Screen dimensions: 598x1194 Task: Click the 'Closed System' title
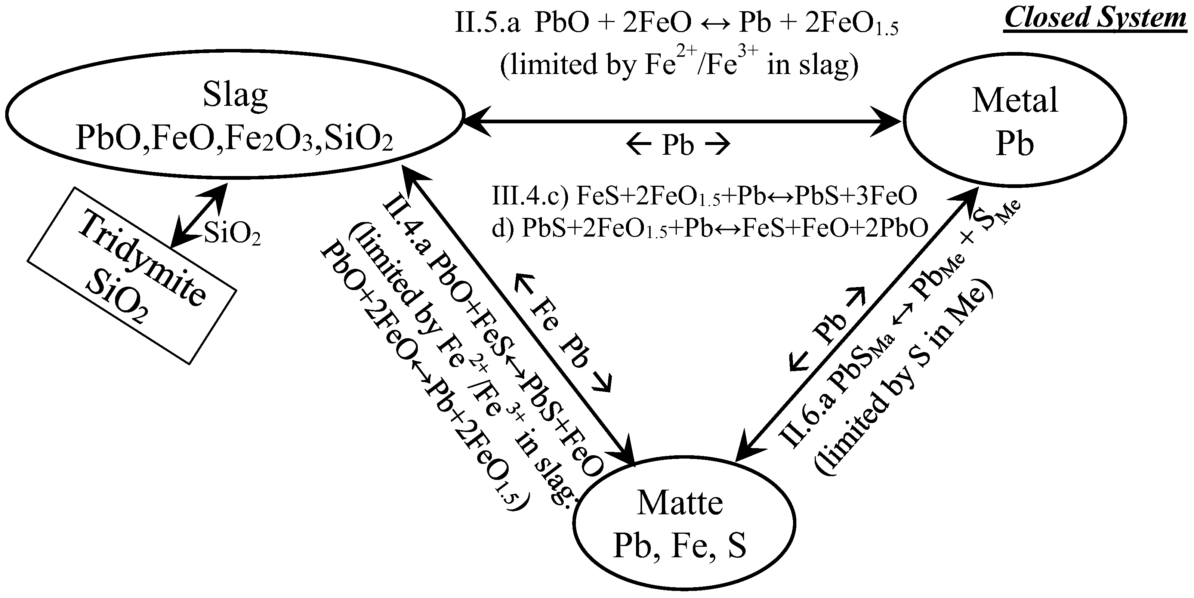point(1095,19)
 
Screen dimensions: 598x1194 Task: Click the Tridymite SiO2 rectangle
point(132,275)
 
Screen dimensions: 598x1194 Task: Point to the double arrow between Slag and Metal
point(681,121)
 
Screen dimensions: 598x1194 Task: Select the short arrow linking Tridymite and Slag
point(199,216)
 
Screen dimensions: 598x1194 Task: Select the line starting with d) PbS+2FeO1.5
point(709,228)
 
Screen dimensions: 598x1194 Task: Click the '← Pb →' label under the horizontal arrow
point(678,145)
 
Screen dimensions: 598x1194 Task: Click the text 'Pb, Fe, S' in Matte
point(679,546)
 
